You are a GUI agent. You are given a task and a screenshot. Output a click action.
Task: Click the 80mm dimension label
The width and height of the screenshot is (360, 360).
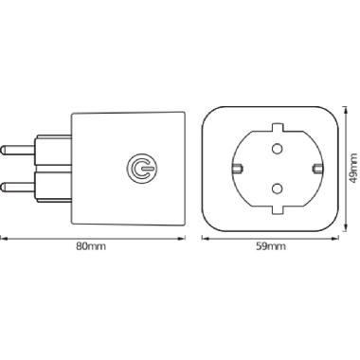pos(91,246)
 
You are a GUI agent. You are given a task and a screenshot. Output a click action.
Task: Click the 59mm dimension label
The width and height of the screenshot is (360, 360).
pos(271,246)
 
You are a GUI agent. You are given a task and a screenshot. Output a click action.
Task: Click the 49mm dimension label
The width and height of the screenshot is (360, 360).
pos(354,169)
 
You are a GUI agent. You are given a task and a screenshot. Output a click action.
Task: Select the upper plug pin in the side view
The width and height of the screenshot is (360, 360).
pos(18,150)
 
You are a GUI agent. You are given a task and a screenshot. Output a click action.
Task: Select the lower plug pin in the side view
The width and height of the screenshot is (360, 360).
pos(18,187)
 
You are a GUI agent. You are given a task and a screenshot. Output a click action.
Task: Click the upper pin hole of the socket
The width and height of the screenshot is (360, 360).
pos(277,148)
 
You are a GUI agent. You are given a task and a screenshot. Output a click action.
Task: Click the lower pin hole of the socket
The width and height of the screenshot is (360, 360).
pos(277,189)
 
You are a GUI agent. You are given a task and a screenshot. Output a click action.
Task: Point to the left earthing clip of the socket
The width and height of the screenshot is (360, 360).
pos(238,169)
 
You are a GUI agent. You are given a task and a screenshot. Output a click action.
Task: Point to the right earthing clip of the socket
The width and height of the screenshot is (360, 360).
pos(316,169)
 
